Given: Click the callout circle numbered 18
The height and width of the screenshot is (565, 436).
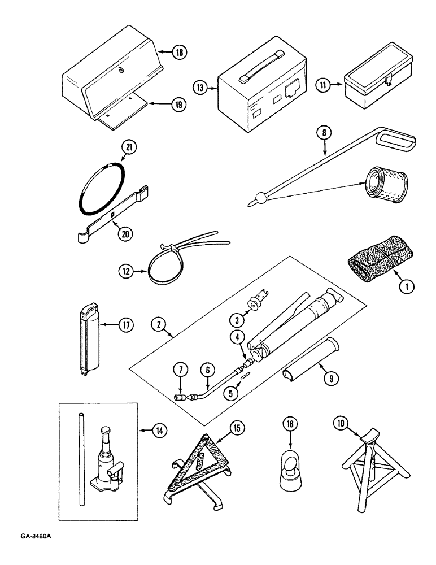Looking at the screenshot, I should [180, 53].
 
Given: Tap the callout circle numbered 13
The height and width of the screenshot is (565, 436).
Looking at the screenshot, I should [200, 88].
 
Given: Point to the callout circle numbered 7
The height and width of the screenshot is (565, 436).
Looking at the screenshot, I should [181, 372].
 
